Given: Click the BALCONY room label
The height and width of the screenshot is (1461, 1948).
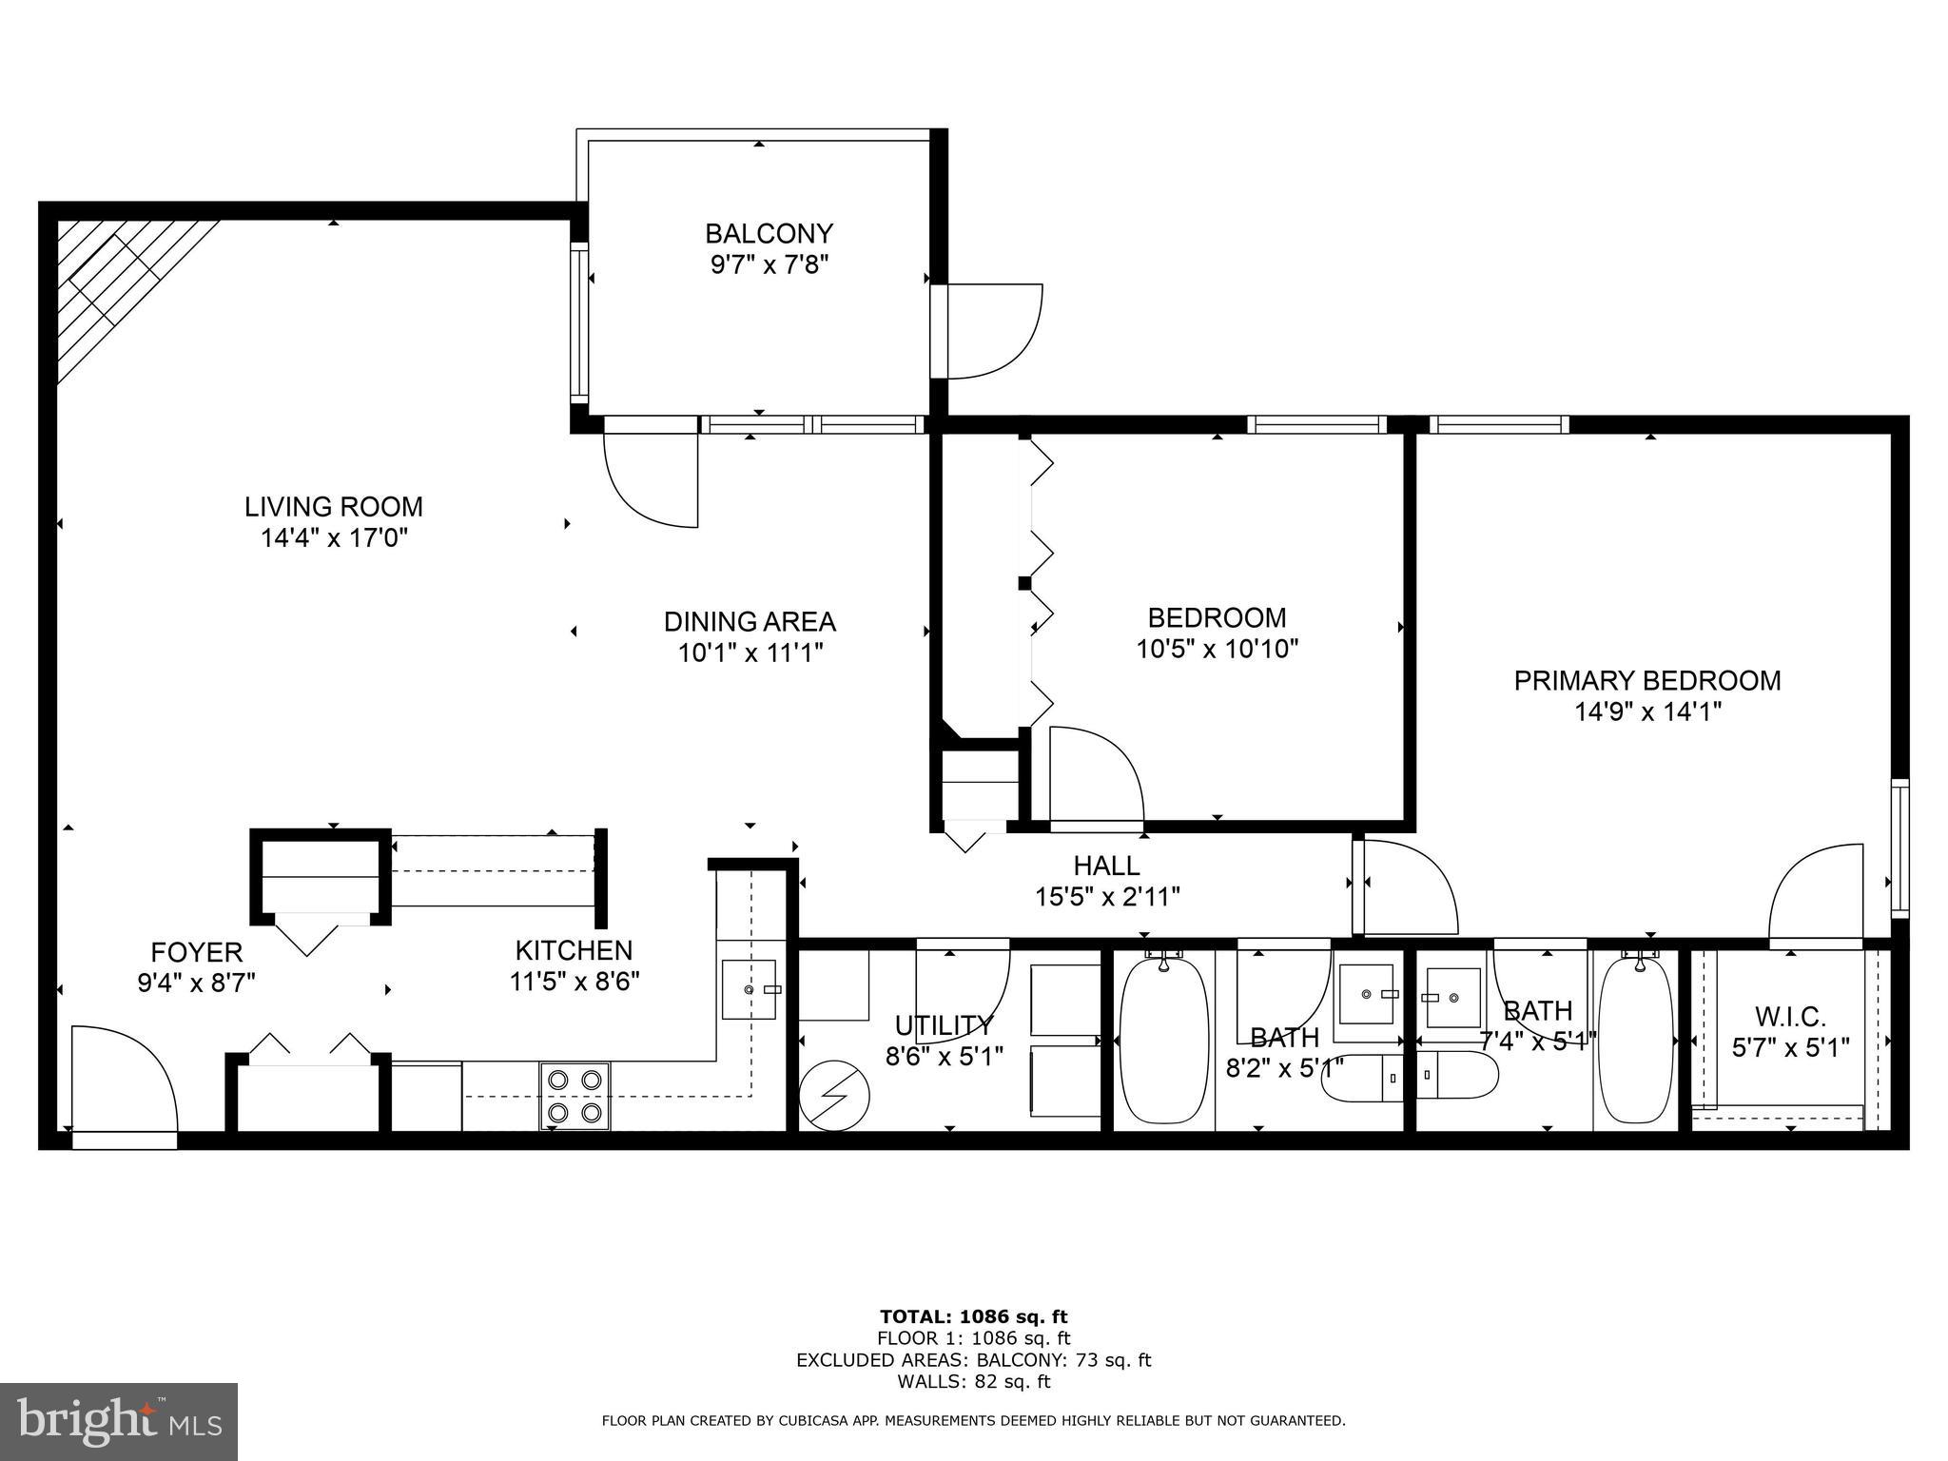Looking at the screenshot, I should (x=769, y=233).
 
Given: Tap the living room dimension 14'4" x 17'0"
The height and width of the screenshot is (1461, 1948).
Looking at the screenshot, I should (x=334, y=538).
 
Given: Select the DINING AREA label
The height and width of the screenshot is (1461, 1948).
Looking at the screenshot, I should (x=750, y=621).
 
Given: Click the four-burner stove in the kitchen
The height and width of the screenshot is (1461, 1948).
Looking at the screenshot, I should (x=575, y=1096).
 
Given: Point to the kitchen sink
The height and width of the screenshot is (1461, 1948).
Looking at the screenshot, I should (x=749, y=990).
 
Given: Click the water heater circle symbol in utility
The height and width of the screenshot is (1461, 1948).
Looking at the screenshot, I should (x=834, y=1095).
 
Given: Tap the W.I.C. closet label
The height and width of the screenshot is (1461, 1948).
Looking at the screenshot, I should (x=1791, y=1016).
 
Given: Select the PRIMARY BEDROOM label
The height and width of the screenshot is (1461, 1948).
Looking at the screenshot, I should (x=1647, y=680).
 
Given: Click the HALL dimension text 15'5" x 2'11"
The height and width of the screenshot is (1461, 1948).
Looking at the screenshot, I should (x=1107, y=896).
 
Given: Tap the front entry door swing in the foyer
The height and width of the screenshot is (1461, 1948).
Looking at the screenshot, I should (x=124, y=1080).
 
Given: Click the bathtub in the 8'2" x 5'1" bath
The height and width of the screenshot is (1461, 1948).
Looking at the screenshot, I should (x=1164, y=1042).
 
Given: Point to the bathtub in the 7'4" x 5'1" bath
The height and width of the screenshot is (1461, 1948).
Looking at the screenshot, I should (x=1636, y=1042).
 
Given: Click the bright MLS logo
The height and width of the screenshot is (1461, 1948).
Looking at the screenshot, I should (x=119, y=1421).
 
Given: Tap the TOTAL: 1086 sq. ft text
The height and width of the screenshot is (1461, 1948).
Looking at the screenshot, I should (x=973, y=1317).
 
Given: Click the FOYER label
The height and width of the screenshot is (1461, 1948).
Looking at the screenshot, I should (x=197, y=952).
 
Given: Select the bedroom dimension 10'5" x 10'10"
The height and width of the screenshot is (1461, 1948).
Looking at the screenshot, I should (x=1217, y=649).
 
